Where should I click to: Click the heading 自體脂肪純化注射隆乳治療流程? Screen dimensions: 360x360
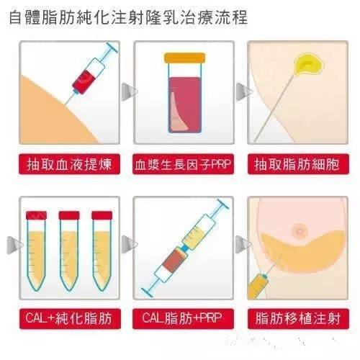coord(128,17)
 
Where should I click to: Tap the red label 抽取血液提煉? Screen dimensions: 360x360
coord(69,164)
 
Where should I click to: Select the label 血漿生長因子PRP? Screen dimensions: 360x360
coord(183,164)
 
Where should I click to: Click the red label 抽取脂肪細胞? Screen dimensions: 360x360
coord(298,164)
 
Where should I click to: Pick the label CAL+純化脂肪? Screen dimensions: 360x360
coord(70,318)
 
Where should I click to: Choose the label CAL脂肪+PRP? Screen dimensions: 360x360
coord(183,318)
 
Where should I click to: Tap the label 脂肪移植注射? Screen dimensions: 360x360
coord(298,318)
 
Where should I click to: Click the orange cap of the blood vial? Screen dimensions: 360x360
coord(184,58)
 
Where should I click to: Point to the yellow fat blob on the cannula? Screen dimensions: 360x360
coord(310,64)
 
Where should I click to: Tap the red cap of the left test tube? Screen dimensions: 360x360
coord(36,215)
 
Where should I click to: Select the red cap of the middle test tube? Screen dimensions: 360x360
coord(69,215)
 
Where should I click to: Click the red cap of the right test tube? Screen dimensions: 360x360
coord(102,215)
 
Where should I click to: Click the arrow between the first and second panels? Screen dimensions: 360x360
coord(129,91)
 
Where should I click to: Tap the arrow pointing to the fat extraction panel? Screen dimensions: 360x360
coord(243,91)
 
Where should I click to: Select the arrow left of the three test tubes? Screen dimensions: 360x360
coord(14,245)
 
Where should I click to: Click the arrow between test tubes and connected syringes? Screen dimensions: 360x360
coord(129,244)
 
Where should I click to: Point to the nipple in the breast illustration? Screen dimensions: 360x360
coord(300,230)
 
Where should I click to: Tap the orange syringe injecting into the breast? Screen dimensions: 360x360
coord(258,287)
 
